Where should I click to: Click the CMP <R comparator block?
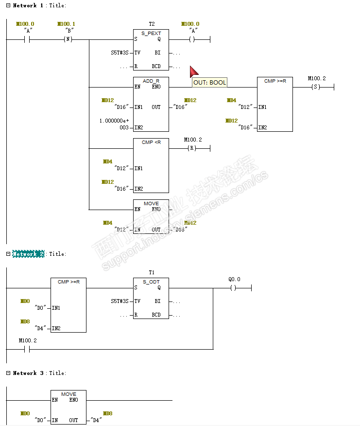151,165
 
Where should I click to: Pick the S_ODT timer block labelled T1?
151,298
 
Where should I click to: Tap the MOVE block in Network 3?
69,407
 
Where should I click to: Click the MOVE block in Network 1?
151,216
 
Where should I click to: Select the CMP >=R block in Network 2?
69,305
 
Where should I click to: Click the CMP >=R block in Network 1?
275,104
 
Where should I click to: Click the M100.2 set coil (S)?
316,88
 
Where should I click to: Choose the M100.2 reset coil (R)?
192,148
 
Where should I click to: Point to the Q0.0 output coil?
233,288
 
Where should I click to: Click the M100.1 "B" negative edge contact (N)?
68,39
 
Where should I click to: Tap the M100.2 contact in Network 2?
27,349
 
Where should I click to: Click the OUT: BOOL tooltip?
209,83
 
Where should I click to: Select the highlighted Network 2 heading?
28,254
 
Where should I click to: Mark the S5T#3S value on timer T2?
120,53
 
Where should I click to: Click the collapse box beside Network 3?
8,373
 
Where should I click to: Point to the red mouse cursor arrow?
193,72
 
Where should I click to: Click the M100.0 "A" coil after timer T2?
192,39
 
